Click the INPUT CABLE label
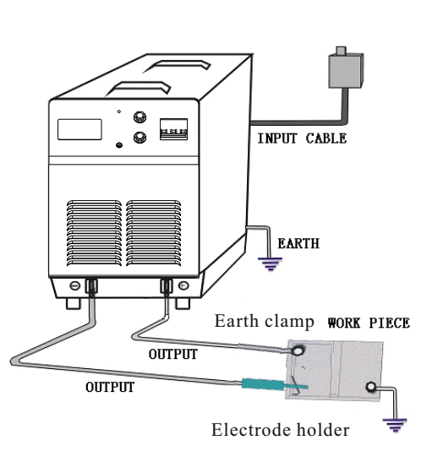pos(302,139)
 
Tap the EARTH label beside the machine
pos(298,243)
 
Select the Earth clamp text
pos(264,321)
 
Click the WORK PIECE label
pos(369,323)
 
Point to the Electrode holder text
pos(280,430)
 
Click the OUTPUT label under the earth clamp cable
pos(173,354)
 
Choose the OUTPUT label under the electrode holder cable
pos(110,387)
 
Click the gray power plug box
pos(346,70)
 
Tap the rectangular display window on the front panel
pos(79,129)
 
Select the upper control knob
pos(140,117)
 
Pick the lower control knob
pos(140,138)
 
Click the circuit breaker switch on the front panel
pos(174,129)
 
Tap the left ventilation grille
pos(94,233)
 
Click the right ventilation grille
pos(154,233)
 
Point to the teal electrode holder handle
pos(264,383)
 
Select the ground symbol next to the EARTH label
pos(270,264)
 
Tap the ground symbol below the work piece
pos(395,425)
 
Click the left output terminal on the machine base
pos(91,286)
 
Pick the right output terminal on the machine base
pos(167,286)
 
